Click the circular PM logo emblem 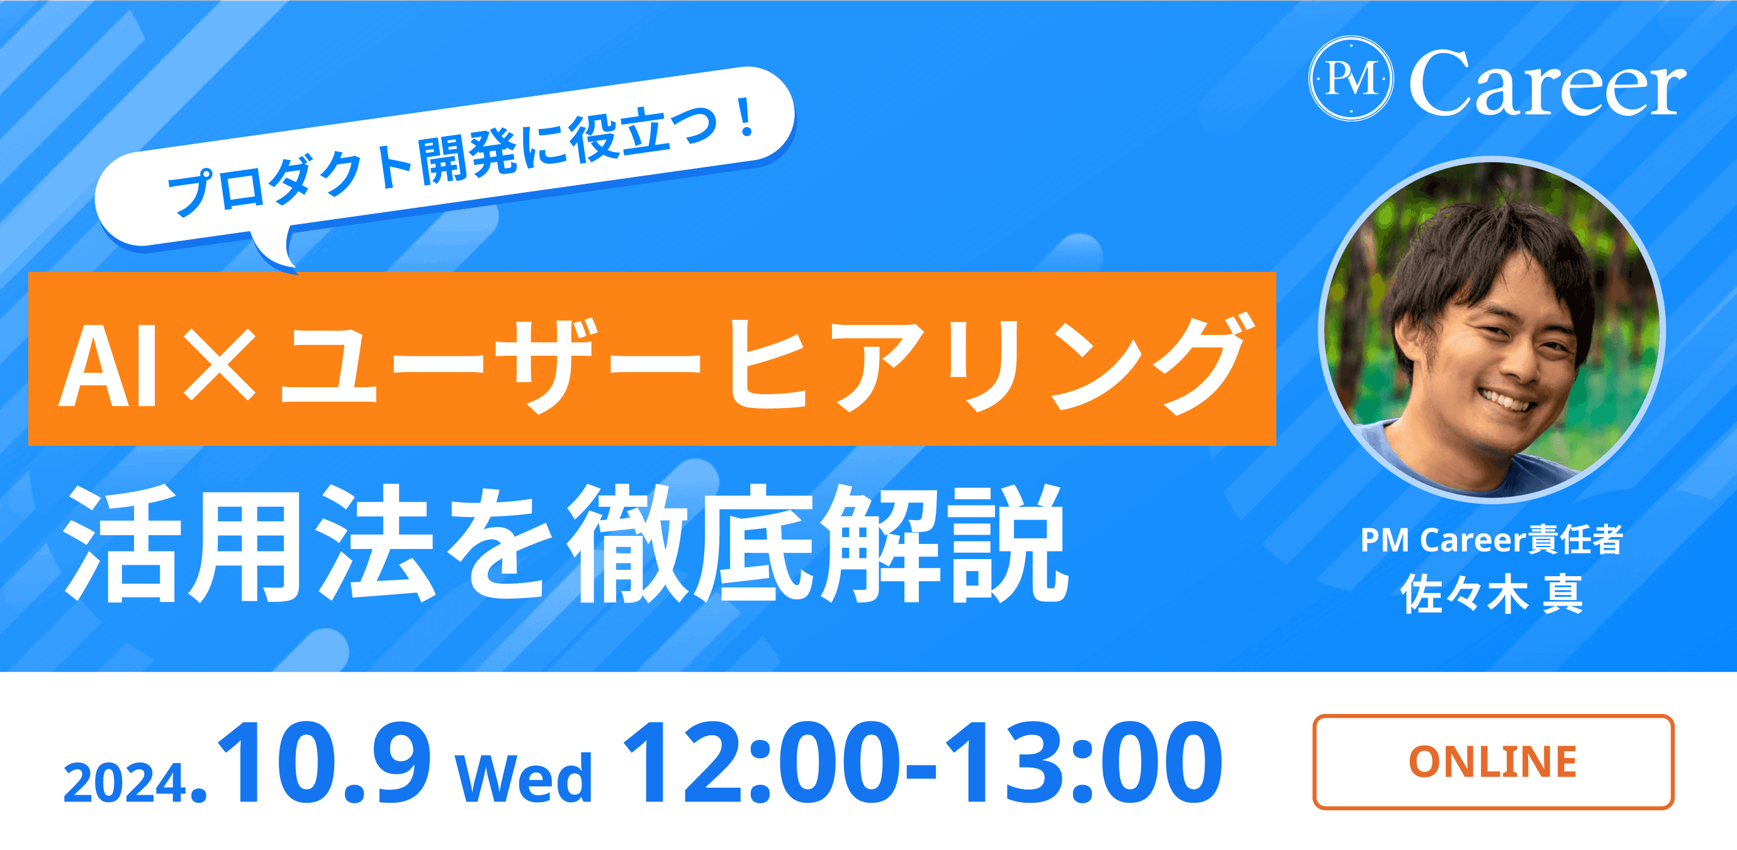(1351, 79)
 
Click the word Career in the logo (1547, 85)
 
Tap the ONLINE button (1493, 762)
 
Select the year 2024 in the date (125, 783)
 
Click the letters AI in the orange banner (108, 366)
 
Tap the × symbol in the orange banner (220, 366)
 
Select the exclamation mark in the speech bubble (745, 118)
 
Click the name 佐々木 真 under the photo (1492, 594)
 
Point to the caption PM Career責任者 (1492, 540)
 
